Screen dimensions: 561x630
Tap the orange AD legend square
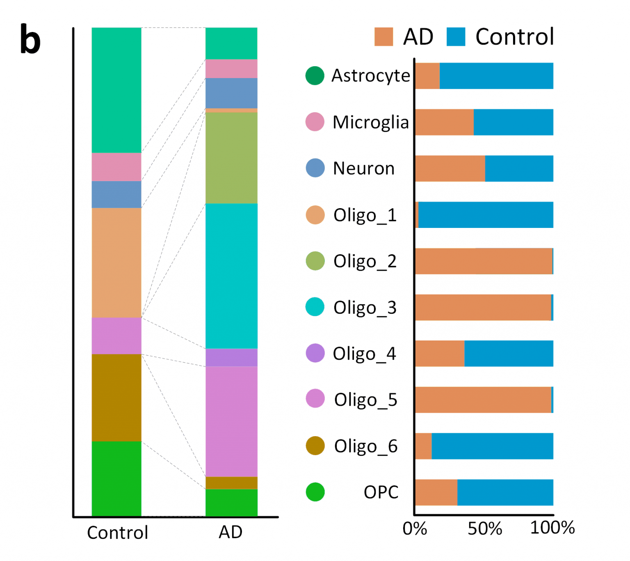pos(383,37)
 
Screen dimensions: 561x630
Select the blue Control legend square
pos(456,37)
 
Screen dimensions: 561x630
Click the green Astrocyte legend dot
pos(315,76)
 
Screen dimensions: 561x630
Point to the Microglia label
pos(370,122)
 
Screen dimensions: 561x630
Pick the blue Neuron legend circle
pos(315,168)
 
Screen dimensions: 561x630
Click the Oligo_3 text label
pos(365,308)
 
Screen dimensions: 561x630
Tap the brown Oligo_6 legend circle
pos(315,446)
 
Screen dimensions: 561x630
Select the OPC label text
pos(381,492)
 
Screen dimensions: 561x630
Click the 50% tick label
pos(485,529)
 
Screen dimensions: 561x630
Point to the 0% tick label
pos(415,529)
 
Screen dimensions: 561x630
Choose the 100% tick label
pos(552,528)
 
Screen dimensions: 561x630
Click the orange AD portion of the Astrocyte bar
pos(427,76)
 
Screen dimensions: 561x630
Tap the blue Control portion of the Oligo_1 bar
pos(486,215)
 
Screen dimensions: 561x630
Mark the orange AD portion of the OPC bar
pos(436,492)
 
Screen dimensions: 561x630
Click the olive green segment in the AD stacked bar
pos(231,158)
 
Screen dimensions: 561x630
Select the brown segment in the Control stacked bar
pos(116,398)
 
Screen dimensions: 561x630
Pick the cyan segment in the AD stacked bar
pos(231,276)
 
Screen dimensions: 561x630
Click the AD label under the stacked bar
pos(231,532)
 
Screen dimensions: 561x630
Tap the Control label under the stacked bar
pos(117,533)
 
